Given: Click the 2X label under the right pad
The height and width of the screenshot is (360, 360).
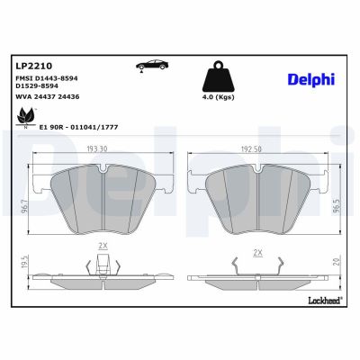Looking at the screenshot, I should [258, 252].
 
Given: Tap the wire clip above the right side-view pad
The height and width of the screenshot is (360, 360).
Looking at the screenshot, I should [258, 265].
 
